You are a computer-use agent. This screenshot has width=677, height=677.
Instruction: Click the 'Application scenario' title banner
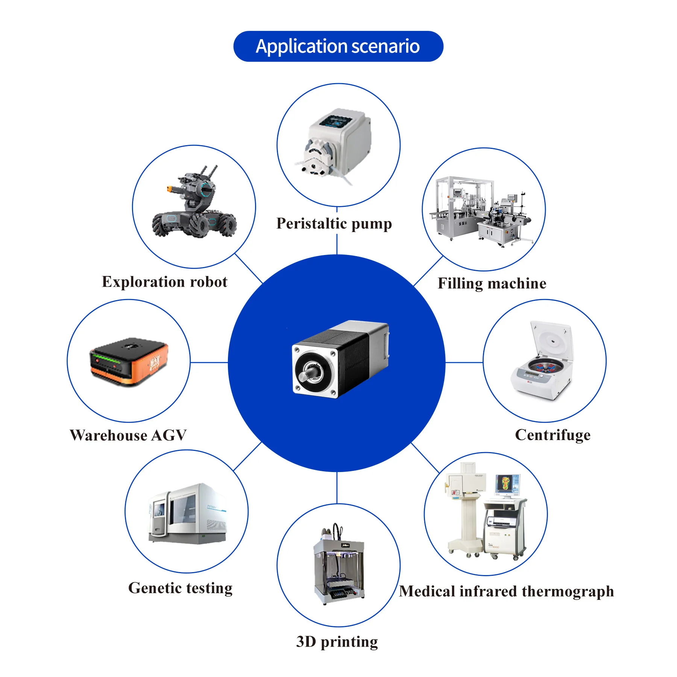click(x=338, y=46)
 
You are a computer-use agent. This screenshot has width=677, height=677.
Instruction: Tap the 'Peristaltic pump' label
click(x=334, y=223)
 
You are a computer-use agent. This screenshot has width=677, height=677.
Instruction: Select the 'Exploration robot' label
click(x=165, y=282)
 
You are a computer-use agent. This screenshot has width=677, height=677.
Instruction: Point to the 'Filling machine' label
click(x=492, y=284)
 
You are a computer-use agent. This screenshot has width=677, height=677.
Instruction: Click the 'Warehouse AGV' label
click(x=128, y=435)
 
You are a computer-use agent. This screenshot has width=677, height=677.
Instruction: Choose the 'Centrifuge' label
click(x=553, y=435)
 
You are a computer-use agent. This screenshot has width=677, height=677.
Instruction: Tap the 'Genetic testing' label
click(x=181, y=588)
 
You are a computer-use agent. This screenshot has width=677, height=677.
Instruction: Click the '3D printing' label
click(x=337, y=642)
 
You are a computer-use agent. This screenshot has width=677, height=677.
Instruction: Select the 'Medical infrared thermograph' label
click(x=506, y=592)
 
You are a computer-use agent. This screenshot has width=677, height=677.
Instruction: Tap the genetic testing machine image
click(x=188, y=513)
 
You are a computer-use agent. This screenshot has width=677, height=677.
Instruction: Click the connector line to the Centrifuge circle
click(x=464, y=363)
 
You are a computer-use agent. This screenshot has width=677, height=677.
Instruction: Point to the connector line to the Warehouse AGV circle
click(x=209, y=363)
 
